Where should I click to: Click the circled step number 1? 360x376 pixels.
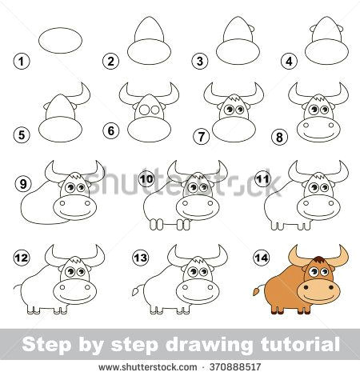[x=22, y=62]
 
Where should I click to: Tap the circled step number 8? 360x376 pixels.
[x=279, y=137]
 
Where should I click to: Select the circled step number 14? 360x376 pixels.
[x=262, y=258]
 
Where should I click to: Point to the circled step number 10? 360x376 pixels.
[x=147, y=178]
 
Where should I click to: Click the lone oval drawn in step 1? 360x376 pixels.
[x=60, y=40]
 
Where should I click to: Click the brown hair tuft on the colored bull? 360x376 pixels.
[x=318, y=259]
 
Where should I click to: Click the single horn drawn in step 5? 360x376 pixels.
[x=82, y=94]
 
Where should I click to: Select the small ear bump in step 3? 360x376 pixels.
[x=253, y=29]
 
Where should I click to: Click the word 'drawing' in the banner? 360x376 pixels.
[x=208, y=346]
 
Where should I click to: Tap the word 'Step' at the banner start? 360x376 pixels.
[x=46, y=346]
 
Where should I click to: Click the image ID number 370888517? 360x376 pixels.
[x=235, y=367]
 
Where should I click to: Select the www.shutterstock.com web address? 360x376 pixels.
[x=148, y=367]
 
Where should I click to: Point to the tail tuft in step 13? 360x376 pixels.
[x=135, y=290]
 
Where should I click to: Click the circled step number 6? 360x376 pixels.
[x=111, y=130]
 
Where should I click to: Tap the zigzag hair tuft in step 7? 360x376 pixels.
[x=234, y=99]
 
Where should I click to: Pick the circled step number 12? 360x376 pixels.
[x=22, y=258]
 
